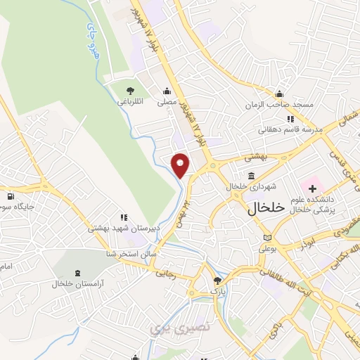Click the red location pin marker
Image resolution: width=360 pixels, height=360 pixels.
coord(181,164)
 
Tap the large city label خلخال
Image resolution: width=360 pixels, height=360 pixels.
coord(265,208)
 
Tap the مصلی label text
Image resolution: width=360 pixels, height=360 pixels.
coord(167,101)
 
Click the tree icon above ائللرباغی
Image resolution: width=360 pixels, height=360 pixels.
coord(129,90)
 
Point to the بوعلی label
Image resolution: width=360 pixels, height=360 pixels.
coord(268,249)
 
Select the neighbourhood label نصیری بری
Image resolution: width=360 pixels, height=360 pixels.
coord(169,327)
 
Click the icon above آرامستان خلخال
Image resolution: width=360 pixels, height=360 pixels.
coord(77,273)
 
